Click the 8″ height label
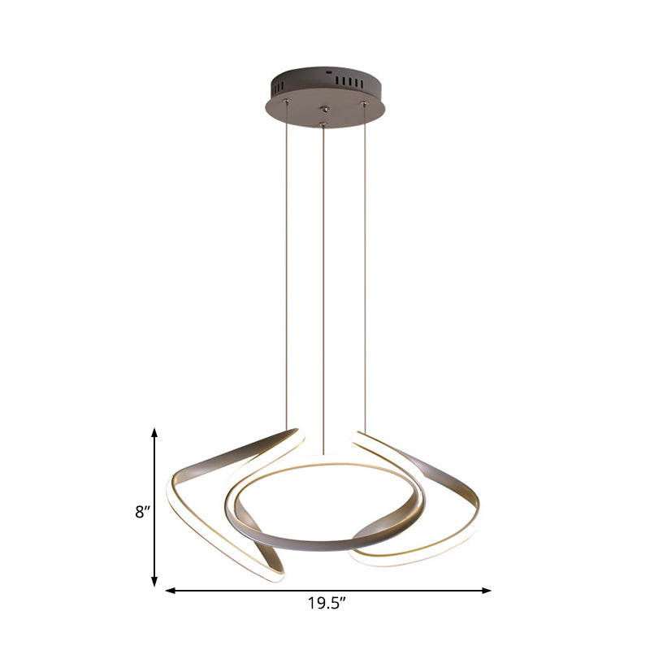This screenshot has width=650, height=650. coord(143,512)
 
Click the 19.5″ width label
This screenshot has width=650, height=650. coord(328,603)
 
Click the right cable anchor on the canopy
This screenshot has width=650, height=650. coord(364,103)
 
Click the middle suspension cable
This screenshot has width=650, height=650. coord(324,284)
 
